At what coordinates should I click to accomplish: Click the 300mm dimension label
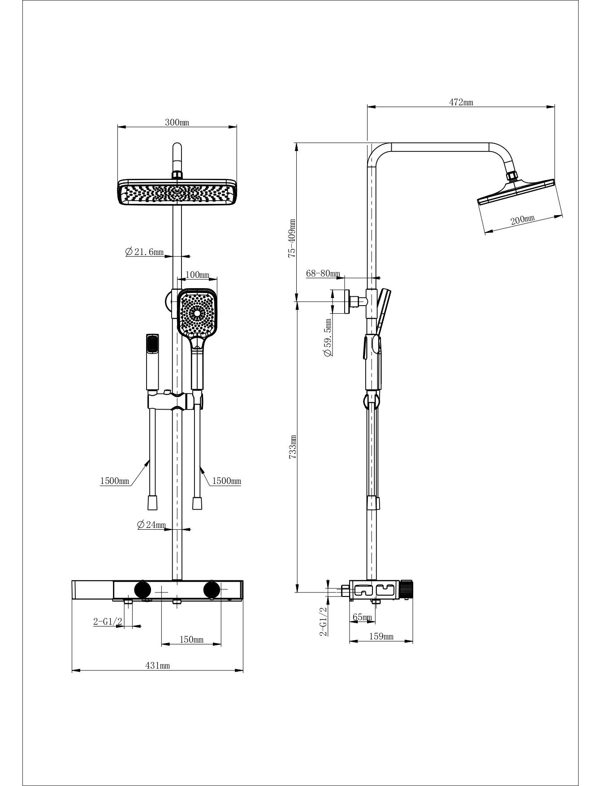tap(177, 122)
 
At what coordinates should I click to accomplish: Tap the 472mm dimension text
tap(461, 102)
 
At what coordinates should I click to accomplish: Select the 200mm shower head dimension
tap(523, 220)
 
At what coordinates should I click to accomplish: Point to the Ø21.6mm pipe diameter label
tap(144, 252)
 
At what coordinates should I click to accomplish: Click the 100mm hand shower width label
tap(197, 274)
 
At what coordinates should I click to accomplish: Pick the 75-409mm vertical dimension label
tap(292, 238)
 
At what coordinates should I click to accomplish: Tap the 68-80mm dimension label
tap(323, 273)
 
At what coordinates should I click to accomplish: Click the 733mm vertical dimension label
tap(292, 446)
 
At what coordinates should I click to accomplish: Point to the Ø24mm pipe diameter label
tap(151, 525)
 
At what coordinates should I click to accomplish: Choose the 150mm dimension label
tap(191, 639)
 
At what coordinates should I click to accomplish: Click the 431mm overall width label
tap(158, 666)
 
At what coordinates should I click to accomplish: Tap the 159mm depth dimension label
tap(381, 636)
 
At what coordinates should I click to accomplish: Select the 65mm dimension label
tap(362, 617)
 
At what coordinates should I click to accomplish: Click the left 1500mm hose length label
tap(114, 481)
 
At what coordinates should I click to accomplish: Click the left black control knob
tap(143, 589)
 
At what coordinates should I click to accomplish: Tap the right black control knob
tap(212, 589)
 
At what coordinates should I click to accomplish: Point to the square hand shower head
tap(198, 312)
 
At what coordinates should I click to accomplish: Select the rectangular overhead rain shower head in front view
tap(177, 192)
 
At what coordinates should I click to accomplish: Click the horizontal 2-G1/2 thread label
tap(108, 621)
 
